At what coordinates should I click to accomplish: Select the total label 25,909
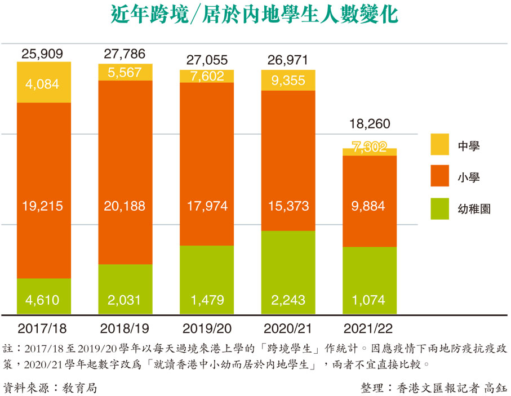click(x=44, y=54)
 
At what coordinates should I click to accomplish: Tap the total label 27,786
click(x=125, y=54)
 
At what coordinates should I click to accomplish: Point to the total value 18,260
click(x=370, y=124)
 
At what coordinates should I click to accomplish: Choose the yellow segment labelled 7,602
click(x=207, y=76)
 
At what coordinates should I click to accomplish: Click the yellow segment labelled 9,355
click(x=288, y=80)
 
